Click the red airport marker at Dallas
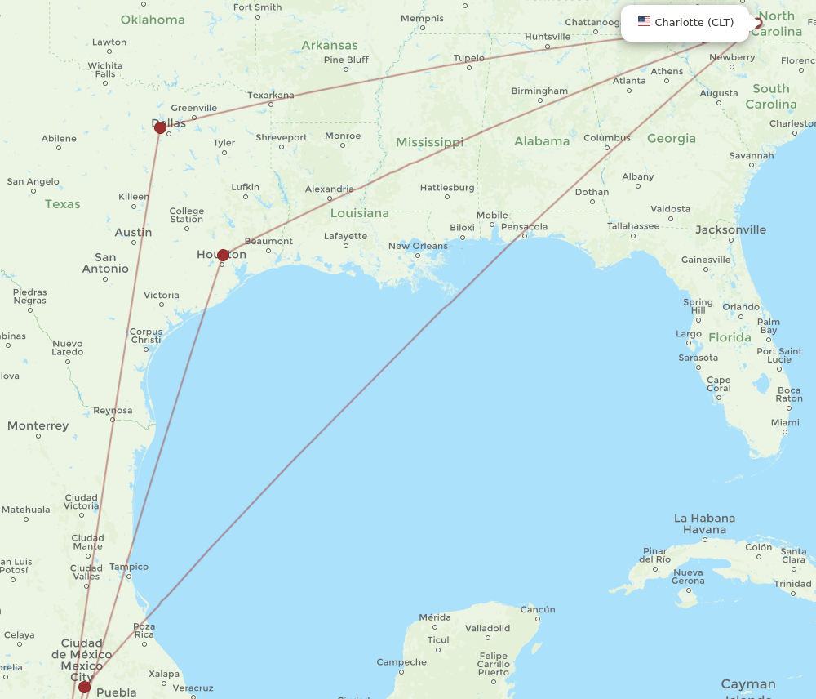pos(160,127)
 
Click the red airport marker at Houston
pos(223,255)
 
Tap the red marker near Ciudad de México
pos(84,687)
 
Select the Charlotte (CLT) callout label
pos(694,23)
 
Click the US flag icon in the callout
pos(644,22)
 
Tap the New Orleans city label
pos(418,246)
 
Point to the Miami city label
pos(785,423)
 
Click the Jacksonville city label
pos(730,229)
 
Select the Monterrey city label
pos(38,425)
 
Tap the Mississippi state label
pos(429,142)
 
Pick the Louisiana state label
pos(360,213)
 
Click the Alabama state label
pos(542,141)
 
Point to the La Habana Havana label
pos(704,523)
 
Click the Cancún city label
pos(538,609)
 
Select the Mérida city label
pos(434,617)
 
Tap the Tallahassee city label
pos(633,225)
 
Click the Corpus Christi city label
pos(145,336)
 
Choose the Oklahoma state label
pos(153,20)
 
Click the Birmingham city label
pos(539,91)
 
